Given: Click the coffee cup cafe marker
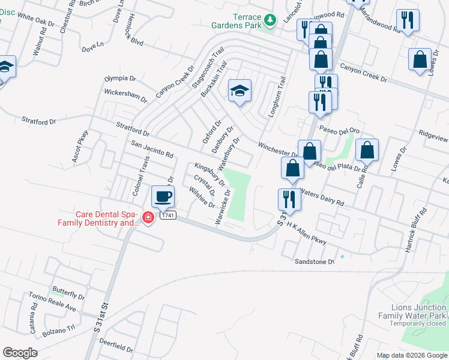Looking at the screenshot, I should tap(163, 196).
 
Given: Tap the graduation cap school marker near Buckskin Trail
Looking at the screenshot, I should tap(240, 91).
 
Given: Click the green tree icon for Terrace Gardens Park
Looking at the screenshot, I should tap(270, 20).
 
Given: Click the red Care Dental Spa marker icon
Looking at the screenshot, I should tap(148, 217).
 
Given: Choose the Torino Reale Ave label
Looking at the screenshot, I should tap(54, 302).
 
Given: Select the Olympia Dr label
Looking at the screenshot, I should tap(120, 78).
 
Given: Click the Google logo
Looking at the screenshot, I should tap(20, 352).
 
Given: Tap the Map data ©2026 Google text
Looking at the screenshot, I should tap(412, 355).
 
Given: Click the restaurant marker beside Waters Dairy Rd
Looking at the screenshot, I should tap(288, 199).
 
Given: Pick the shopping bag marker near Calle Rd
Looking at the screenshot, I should tap(367, 150).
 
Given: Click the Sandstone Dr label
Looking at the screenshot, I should tap(314, 262).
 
